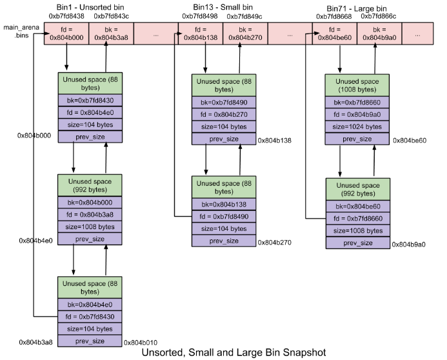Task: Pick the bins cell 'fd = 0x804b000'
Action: (x=66, y=33)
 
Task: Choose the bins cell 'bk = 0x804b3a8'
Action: (x=111, y=33)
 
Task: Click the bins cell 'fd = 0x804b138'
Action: (x=201, y=33)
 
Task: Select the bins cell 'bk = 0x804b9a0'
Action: (x=379, y=33)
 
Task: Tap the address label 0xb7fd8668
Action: (x=333, y=16)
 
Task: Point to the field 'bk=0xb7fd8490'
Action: (x=223, y=103)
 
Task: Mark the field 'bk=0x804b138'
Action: (x=223, y=204)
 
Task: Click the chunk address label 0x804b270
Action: (x=275, y=243)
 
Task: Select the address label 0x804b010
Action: (x=140, y=342)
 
